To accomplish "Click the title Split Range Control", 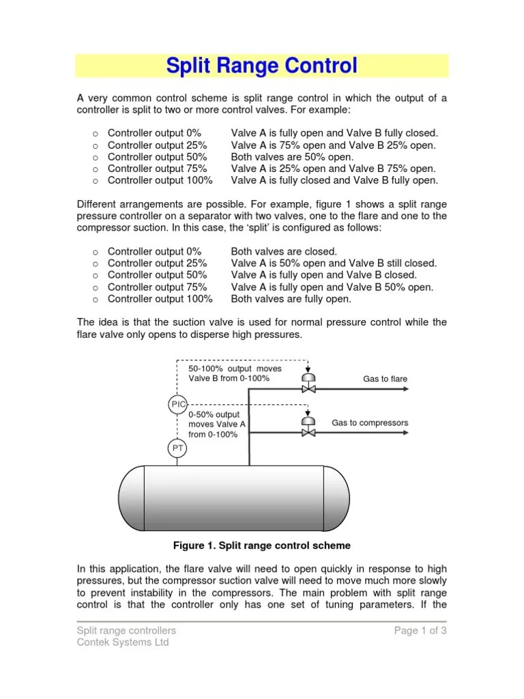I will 262,66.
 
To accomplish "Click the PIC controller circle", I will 177,405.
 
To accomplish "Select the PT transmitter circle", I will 177,448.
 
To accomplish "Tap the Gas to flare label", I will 385,378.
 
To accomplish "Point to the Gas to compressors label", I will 370,423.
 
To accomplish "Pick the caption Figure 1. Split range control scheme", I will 262,545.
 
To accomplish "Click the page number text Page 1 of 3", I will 420,630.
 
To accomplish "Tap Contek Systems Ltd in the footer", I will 122,642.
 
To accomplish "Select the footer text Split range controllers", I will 126,630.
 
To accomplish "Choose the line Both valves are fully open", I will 291,299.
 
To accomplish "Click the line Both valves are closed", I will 284,251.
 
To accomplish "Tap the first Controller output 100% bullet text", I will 160,181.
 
